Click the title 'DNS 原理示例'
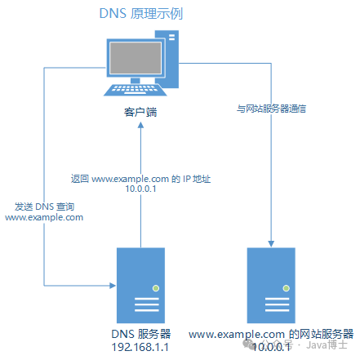(x=140, y=14)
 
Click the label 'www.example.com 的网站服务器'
(x=272, y=334)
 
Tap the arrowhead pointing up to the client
(x=140, y=127)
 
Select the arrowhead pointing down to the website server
(x=269, y=242)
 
